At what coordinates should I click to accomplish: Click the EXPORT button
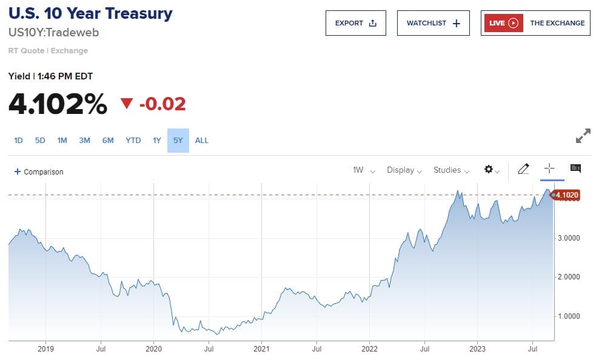(x=355, y=23)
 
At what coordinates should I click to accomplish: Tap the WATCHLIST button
(x=433, y=23)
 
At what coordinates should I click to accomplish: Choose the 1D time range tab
(x=18, y=141)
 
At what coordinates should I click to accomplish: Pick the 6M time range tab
(x=108, y=141)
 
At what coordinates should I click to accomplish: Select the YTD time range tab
(x=133, y=141)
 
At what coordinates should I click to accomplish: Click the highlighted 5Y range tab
(x=178, y=141)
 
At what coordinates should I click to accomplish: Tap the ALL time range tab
(x=202, y=141)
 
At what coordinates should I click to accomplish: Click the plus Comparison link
(x=39, y=172)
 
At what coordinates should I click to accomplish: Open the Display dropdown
(x=404, y=170)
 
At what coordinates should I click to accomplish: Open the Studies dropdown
(x=451, y=170)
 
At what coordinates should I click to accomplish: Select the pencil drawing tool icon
(x=523, y=170)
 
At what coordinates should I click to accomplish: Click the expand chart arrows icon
(x=583, y=136)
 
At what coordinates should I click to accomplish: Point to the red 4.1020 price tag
(x=567, y=195)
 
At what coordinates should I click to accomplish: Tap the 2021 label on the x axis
(x=261, y=349)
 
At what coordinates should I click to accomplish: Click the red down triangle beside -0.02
(x=127, y=104)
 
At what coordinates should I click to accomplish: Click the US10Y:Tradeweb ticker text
(x=53, y=32)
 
